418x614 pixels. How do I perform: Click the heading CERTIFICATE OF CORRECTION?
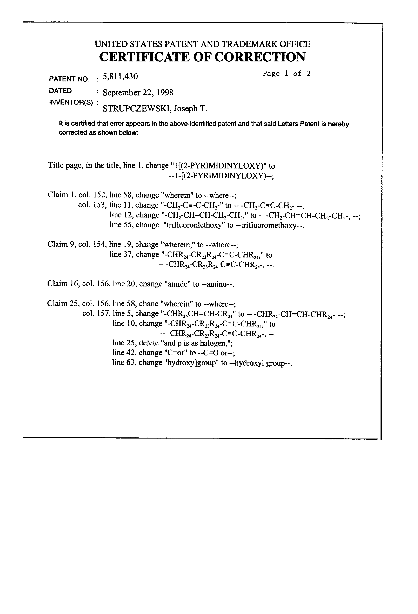click(202, 57)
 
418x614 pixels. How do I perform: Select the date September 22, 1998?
click(138, 93)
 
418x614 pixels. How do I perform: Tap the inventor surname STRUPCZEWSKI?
click(137, 109)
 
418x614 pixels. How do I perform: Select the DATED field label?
click(60, 91)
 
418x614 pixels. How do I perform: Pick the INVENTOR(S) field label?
click(71, 103)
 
